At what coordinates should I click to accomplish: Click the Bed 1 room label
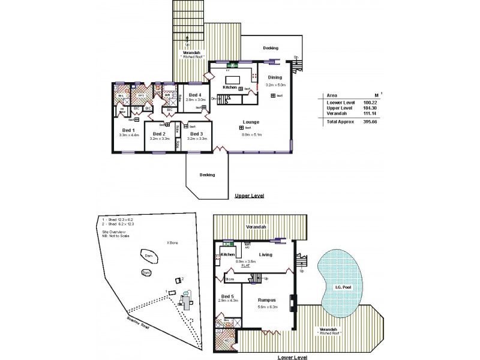click(128, 130)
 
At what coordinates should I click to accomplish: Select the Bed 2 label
click(158, 133)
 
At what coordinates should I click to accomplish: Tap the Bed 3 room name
click(197, 133)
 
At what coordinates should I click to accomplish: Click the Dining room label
click(274, 77)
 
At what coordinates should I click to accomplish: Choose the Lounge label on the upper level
click(251, 122)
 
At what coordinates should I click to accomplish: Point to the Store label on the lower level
click(229, 279)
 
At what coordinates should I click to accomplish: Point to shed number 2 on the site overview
click(178, 280)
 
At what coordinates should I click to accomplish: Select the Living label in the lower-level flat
click(265, 254)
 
